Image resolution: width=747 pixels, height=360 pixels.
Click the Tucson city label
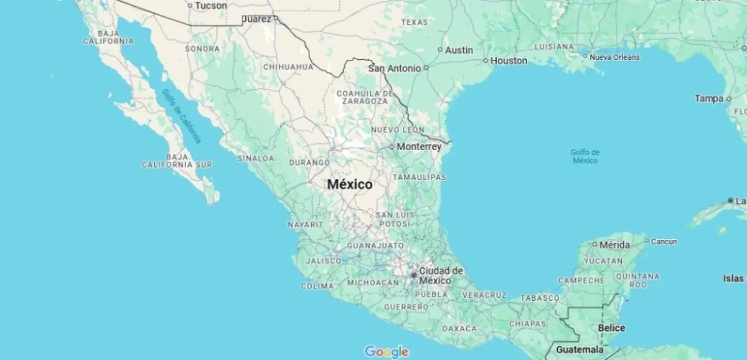click(210, 6)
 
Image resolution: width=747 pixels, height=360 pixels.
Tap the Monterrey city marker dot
click(392, 147)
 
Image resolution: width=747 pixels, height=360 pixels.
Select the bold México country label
click(350, 184)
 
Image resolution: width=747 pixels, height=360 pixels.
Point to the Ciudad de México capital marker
click(414, 275)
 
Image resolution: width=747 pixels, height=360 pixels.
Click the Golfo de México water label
click(585, 156)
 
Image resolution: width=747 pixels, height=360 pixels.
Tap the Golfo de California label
click(182, 116)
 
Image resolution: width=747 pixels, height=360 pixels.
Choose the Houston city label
click(509, 61)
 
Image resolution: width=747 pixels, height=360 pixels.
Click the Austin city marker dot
click(440, 50)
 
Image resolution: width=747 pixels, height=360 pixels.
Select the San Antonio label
click(395, 69)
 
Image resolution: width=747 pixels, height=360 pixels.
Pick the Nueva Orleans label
click(614, 57)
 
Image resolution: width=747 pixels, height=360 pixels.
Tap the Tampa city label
click(709, 98)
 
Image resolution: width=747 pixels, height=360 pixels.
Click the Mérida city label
click(614, 245)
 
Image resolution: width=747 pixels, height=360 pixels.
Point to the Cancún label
click(664, 242)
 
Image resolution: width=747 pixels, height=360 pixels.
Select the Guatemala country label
click(580, 349)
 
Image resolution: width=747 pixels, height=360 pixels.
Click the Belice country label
click(611, 328)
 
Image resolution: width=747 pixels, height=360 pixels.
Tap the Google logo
click(387, 352)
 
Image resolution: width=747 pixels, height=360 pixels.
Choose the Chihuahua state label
click(288, 67)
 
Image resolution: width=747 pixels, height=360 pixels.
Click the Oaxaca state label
click(459, 328)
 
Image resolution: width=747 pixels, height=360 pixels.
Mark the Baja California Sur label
click(176, 161)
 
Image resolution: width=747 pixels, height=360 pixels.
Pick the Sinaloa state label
click(255, 158)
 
